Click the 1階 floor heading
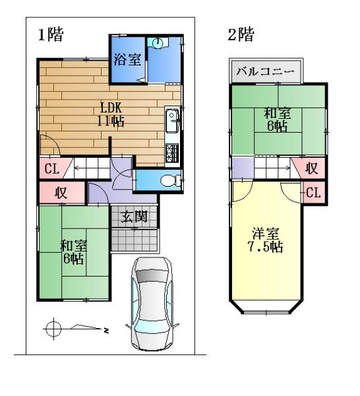tap(51, 34)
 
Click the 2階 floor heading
tap(241, 34)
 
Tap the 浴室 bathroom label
tap(127, 59)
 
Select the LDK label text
tap(111, 108)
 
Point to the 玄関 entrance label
tap(134, 216)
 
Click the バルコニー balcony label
tap(266, 72)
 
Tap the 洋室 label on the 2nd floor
tap(266, 234)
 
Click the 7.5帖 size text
tap(265, 247)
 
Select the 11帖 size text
tap(111, 121)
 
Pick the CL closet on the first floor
tap(51, 169)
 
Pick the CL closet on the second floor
tap(313, 193)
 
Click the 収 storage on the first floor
tap(61, 193)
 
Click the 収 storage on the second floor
tap(312, 168)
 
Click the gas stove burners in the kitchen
tap(172, 153)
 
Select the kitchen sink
tap(173, 121)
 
